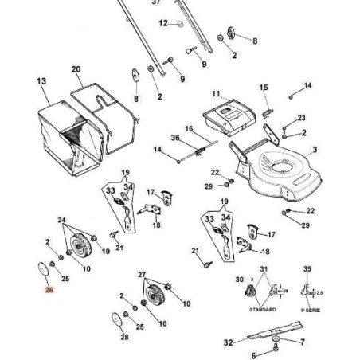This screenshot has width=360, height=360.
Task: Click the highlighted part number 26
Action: (x=49, y=292)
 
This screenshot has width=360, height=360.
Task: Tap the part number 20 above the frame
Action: (x=76, y=71)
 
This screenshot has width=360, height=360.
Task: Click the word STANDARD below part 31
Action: (x=264, y=309)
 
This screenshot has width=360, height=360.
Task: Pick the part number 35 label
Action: (x=308, y=270)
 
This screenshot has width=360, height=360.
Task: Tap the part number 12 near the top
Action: (x=163, y=24)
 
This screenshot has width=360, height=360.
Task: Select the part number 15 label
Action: (x=264, y=87)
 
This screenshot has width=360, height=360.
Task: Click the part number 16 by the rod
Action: (x=190, y=128)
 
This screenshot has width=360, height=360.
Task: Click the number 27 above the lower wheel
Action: (x=143, y=274)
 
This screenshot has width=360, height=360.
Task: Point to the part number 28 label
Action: (x=124, y=337)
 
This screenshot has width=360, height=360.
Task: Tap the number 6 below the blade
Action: (x=253, y=354)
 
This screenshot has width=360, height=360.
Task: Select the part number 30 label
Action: (x=238, y=279)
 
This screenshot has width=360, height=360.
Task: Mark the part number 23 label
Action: (x=302, y=118)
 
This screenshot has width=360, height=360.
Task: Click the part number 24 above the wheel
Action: (x=62, y=219)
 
